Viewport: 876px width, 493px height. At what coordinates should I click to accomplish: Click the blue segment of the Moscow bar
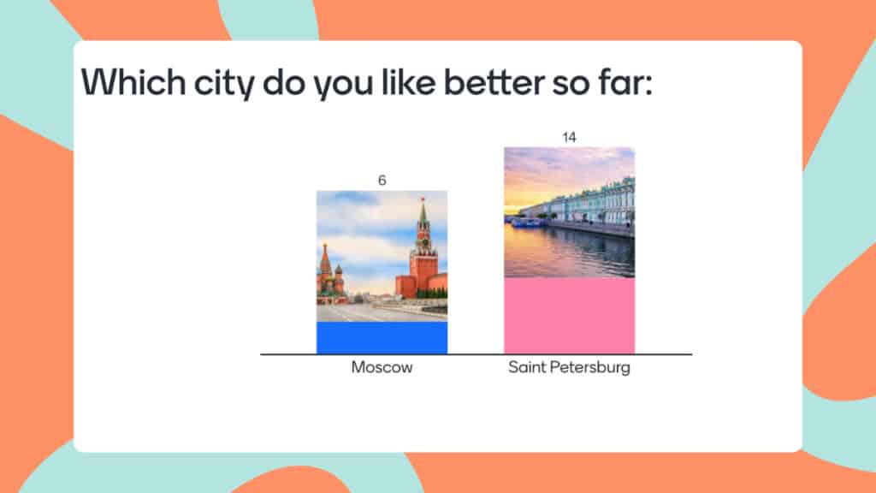tap(382, 337)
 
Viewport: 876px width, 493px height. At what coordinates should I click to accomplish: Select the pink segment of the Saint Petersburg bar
tap(569, 315)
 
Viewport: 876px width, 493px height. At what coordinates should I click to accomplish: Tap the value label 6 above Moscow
tap(382, 181)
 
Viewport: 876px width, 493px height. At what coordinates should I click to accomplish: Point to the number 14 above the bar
tap(569, 137)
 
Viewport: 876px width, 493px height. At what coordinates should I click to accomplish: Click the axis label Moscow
tap(382, 368)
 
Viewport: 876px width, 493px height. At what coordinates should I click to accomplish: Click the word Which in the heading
tap(127, 83)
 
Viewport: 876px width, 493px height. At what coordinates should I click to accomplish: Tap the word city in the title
tap(216, 83)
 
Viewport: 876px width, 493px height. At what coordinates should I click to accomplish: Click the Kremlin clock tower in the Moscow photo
tap(423, 252)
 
